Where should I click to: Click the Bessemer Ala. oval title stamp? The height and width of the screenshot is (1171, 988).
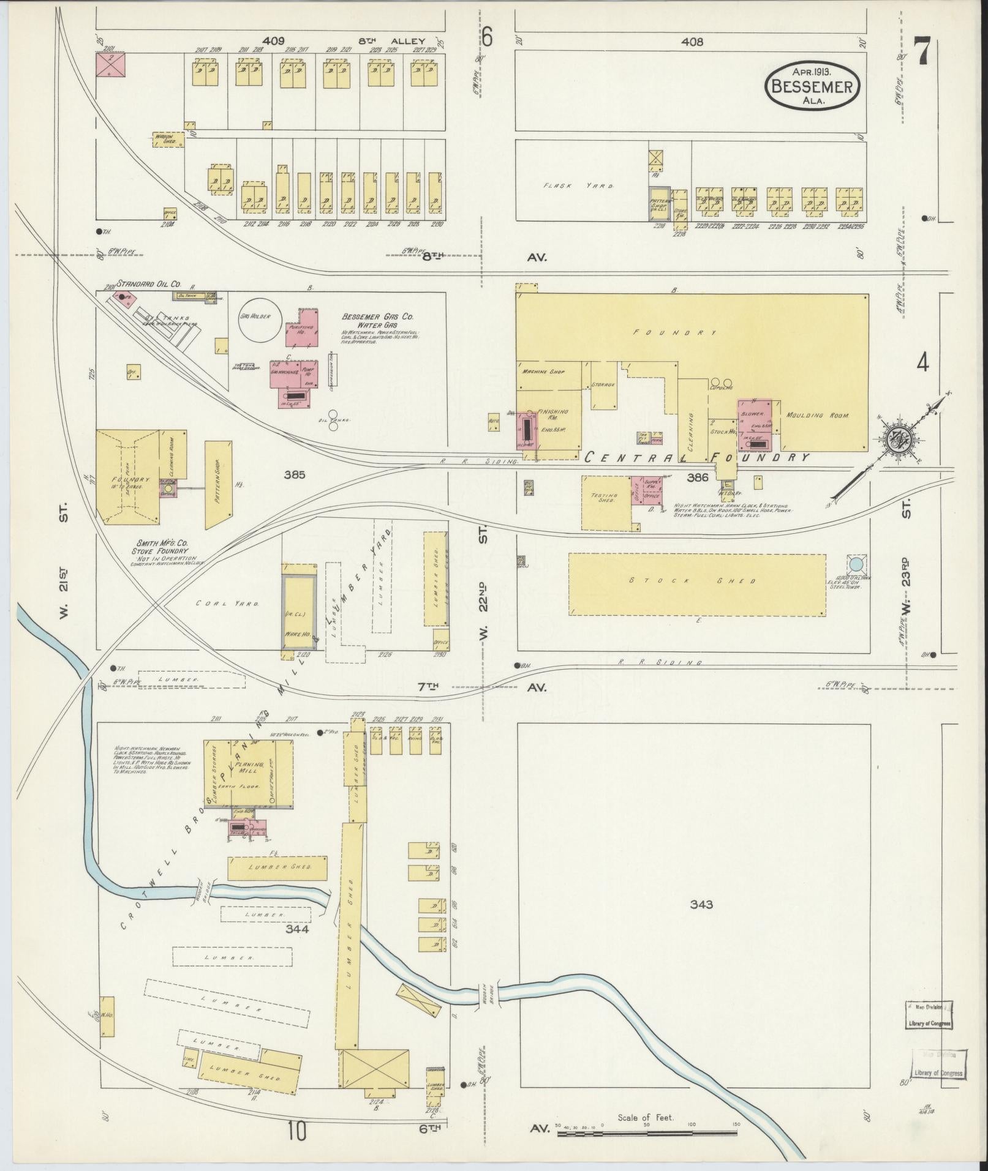812,86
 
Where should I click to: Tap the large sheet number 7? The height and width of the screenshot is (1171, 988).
922,53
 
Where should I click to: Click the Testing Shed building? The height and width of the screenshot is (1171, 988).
606,503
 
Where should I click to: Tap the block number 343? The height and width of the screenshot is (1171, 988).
701,904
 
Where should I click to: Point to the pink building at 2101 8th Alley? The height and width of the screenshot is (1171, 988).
111,64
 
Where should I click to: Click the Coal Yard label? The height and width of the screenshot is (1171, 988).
227,603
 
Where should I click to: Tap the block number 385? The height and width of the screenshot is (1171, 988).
295,474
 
